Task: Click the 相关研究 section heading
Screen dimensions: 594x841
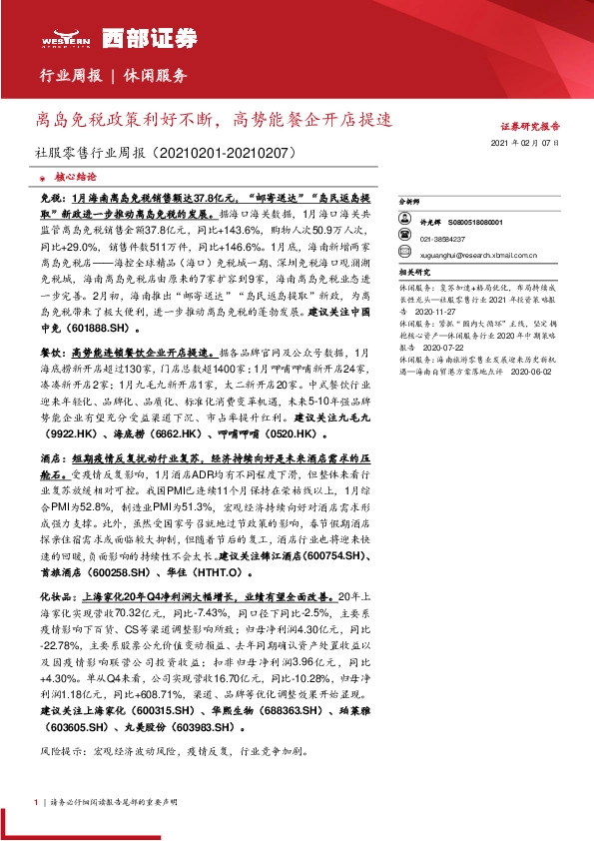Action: pos(413,272)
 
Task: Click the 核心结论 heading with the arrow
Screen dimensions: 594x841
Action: pos(65,173)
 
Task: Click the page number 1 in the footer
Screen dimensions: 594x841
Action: pos(36,802)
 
